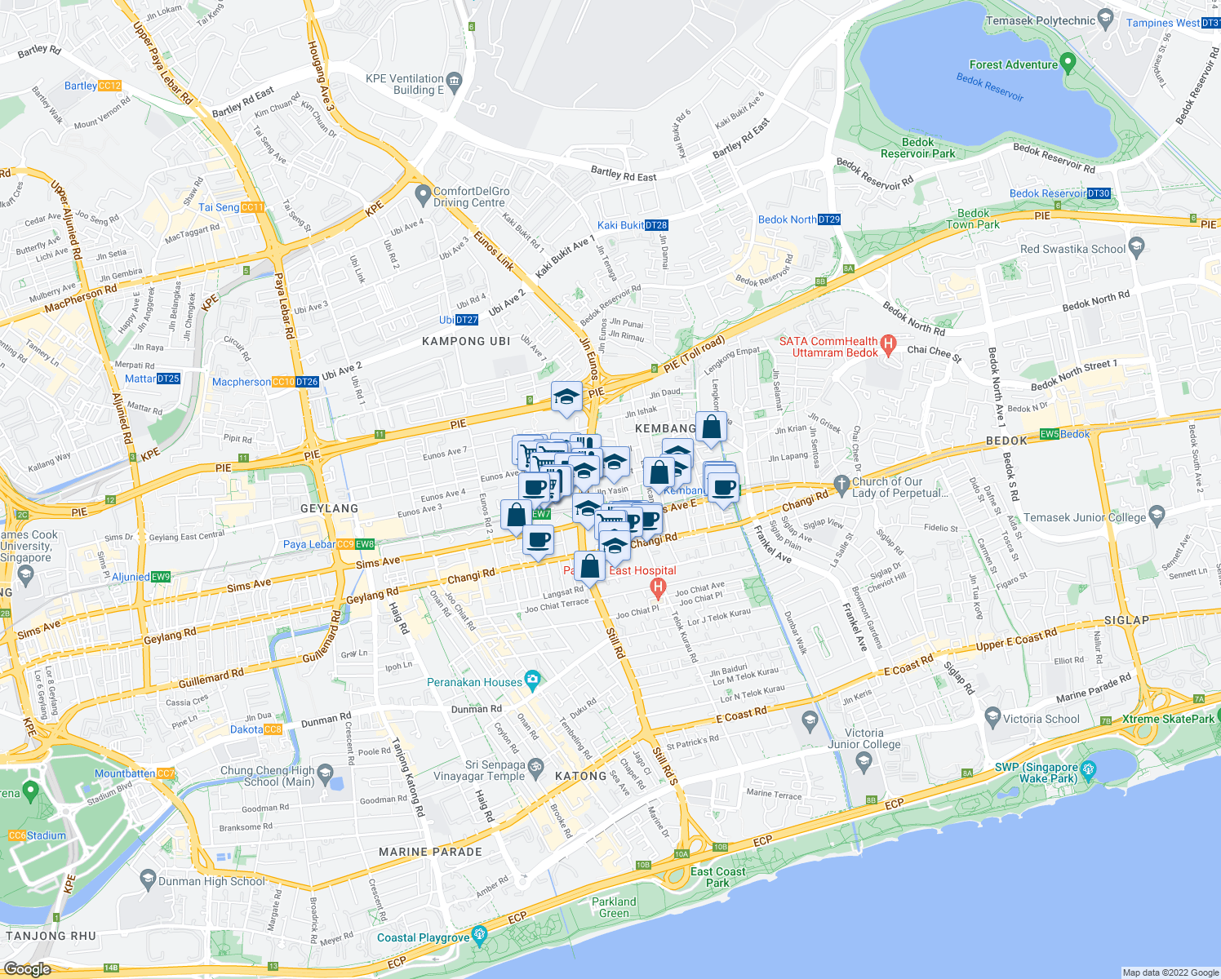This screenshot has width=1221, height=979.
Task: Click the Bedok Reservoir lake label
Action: coord(989,87)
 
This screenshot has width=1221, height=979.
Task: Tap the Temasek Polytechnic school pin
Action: coord(1105,17)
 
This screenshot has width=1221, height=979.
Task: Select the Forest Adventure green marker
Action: coord(1069,64)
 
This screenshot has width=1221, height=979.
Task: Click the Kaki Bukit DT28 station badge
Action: coord(656,225)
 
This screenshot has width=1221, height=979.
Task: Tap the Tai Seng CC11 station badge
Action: coord(252,207)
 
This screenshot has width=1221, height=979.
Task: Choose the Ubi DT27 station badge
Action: coord(467,320)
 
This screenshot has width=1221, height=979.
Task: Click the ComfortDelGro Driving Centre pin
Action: coord(423,195)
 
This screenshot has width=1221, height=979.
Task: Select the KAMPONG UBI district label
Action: coord(466,341)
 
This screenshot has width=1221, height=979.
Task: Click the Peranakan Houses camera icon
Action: coord(533,679)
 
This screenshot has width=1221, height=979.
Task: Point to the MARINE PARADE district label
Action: coord(430,852)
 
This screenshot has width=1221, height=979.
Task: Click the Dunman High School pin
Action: coord(148,879)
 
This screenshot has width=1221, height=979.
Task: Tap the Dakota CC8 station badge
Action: coord(273,729)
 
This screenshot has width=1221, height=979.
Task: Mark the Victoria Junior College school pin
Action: coord(864,761)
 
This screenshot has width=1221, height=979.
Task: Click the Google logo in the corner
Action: coord(27,968)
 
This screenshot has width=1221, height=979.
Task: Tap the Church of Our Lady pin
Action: coord(841,484)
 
